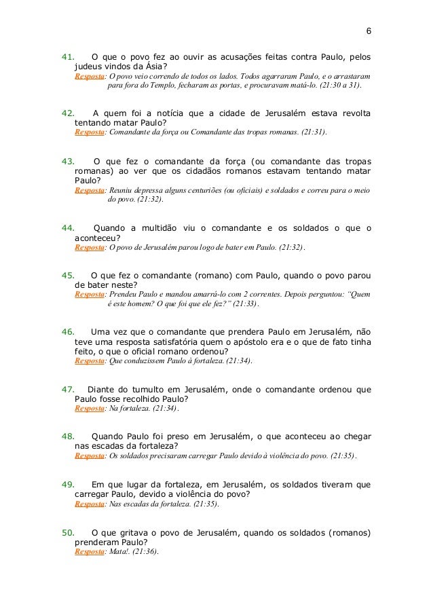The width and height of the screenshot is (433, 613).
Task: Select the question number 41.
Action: tap(68, 57)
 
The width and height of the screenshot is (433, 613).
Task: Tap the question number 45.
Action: tap(68, 276)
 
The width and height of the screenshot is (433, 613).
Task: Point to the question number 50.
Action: tap(68, 533)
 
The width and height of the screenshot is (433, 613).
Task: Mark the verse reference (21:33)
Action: tap(245, 305)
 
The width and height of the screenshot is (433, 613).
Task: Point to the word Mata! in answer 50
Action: tap(120, 553)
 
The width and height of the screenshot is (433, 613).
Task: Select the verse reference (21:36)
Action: tap(145, 553)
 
